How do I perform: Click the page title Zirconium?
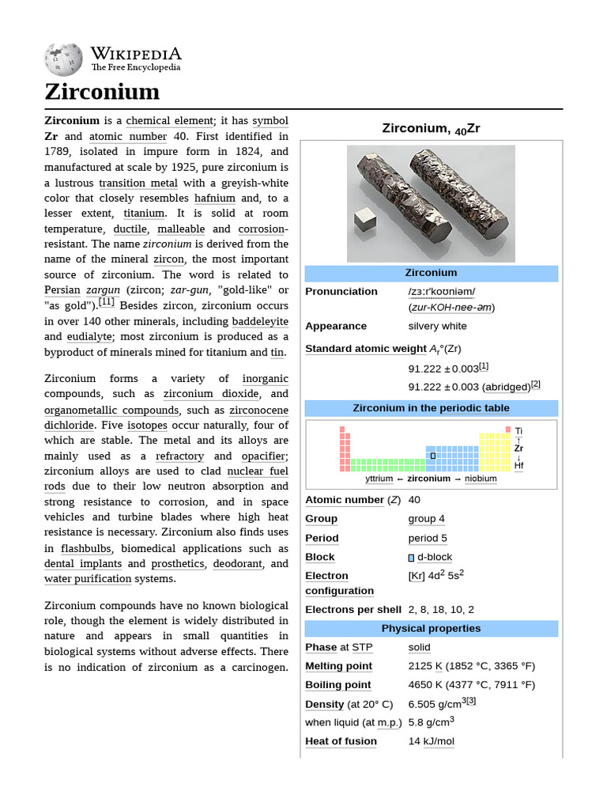tap(102, 92)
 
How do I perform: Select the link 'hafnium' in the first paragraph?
tap(215, 198)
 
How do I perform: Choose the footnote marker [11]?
tap(107, 302)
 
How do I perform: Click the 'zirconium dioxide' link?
tap(211, 394)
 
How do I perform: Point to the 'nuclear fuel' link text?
tap(256, 471)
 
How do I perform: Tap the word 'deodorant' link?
tap(238, 564)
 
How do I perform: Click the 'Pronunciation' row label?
tap(341, 291)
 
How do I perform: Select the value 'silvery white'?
tap(437, 326)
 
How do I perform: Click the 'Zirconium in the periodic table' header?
tap(431, 408)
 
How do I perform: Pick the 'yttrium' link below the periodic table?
tap(379, 479)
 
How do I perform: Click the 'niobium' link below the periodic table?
tap(481, 479)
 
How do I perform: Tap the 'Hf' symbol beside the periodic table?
tap(518, 466)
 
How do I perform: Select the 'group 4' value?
tap(426, 519)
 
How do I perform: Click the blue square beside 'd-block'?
tap(411, 558)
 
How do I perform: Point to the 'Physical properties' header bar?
tap(431, 629)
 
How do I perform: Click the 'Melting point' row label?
tap(338, 666)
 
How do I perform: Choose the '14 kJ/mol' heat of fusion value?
tap(431, 741)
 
